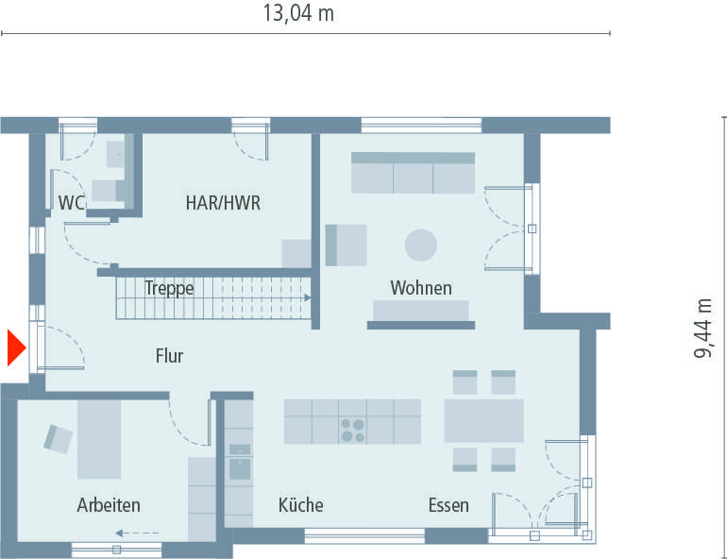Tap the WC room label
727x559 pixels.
point(73,202)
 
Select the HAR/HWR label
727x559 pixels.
point(223,202)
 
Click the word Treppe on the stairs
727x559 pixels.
point(169,288)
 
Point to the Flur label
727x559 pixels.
point(169,356)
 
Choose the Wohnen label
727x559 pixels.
point(421,288)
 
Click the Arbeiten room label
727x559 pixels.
point(109,505)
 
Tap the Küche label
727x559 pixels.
point(300,505)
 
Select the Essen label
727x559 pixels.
point(448,505)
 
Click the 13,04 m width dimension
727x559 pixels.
point(298,13)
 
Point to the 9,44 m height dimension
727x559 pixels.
point(704,328)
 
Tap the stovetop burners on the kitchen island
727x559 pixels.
point(352,431)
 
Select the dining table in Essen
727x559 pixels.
point(483,420)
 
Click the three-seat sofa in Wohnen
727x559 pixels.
point(413,173)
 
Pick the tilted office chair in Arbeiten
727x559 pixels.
point(58,437)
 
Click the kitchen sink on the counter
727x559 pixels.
point(239,458)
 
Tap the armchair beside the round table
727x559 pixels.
point(346,245)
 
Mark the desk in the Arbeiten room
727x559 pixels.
point(99,438)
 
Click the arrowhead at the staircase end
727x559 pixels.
point(308,297)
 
